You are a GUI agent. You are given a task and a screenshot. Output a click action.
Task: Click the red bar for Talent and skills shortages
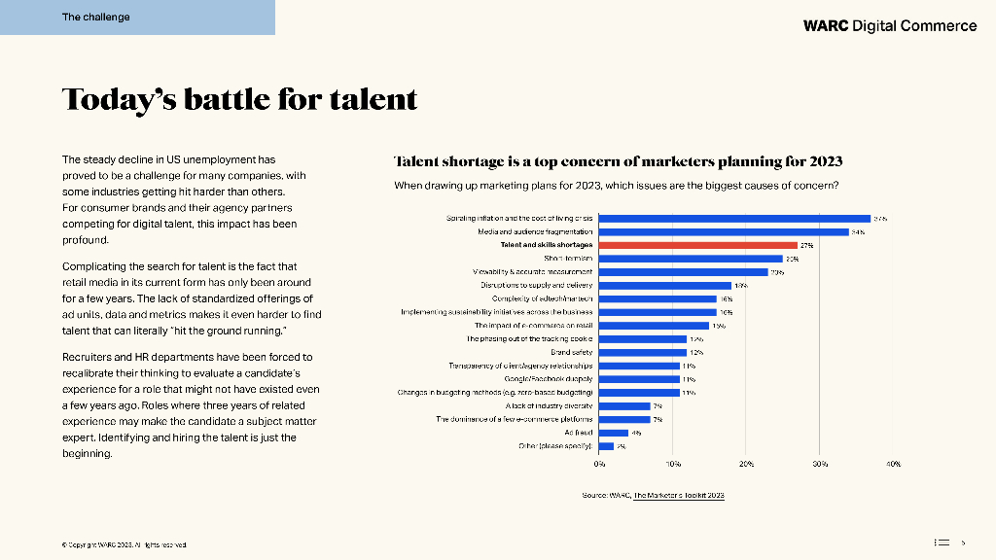tap(697, 245)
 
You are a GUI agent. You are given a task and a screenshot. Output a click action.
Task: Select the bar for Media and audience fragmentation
tap(724, 231)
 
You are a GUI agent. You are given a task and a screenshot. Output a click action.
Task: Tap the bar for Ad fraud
tap(613, 432)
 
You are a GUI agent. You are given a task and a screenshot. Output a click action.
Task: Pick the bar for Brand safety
tap(642, 352)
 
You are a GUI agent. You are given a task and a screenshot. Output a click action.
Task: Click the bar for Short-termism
tap(691, 259)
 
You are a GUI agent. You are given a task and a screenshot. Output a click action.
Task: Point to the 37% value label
tap(879, 219)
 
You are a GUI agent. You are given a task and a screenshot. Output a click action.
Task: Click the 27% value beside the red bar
tap(806, 246)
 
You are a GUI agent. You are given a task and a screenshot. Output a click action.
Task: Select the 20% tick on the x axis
tap(746, 465)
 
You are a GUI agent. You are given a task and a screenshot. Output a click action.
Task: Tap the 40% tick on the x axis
tap(894, 465)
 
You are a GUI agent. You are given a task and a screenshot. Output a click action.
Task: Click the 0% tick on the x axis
tap(599, 465)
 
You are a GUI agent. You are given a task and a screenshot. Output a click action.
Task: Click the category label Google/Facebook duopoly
tap(549, 378)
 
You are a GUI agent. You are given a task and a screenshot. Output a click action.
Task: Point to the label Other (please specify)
tap(555, 445)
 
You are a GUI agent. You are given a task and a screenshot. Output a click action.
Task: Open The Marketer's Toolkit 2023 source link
tap(679, 496)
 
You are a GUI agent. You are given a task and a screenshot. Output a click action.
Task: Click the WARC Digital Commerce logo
tap(890, 25)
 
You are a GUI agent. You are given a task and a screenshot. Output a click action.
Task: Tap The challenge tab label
tap(95, 17)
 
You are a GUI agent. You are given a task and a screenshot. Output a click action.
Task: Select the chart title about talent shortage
tap(618, 161)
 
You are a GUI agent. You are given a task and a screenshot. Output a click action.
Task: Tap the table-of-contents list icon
tap(941, 542)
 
